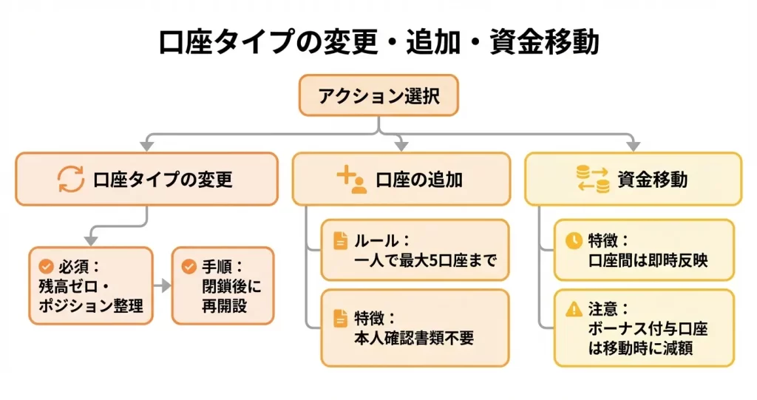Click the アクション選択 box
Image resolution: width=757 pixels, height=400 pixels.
[x=378, y=96]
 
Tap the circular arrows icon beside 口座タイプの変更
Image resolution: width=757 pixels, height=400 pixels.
[x=72, y=179]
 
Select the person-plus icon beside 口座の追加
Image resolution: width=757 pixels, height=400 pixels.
[x=352, y=179]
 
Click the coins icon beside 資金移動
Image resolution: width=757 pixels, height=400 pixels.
[x=592, y=179]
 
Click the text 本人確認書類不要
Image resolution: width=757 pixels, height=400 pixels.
[x=414, y=338]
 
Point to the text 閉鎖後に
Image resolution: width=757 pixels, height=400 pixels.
[x=231, y=285]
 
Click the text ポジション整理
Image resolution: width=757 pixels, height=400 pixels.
[x=91, y=305]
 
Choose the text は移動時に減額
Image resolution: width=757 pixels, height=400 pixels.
[x=640, y=348]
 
